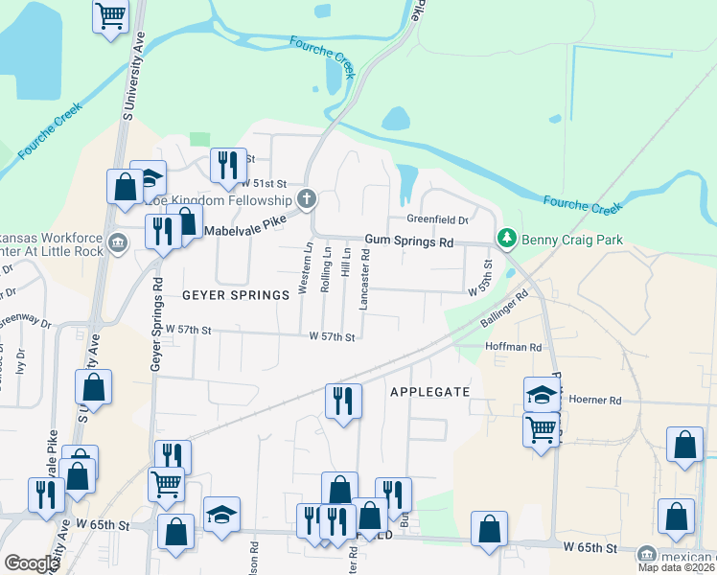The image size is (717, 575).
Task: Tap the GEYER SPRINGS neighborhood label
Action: (x=236, y=295)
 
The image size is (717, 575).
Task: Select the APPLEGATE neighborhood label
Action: (x=429, y=392)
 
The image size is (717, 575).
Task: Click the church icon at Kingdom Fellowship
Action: (x=307, y=200)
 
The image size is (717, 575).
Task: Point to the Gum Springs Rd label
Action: (x=408, y=243)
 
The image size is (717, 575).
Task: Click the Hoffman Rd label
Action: (x=514, y=347)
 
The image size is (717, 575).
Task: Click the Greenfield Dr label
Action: (x=436, y=219)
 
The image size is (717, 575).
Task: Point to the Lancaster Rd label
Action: (x=364, y=279)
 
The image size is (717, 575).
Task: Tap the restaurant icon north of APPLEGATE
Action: (x=343, y=400)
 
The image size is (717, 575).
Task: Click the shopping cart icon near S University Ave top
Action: (x=111, y=15)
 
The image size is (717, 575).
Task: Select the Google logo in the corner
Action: (x=32, y=563)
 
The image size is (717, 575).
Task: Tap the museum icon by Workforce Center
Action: (x=118, y=241)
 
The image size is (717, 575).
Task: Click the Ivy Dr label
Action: (x=20, y=361)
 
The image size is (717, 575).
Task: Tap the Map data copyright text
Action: (x=677, y=566)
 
